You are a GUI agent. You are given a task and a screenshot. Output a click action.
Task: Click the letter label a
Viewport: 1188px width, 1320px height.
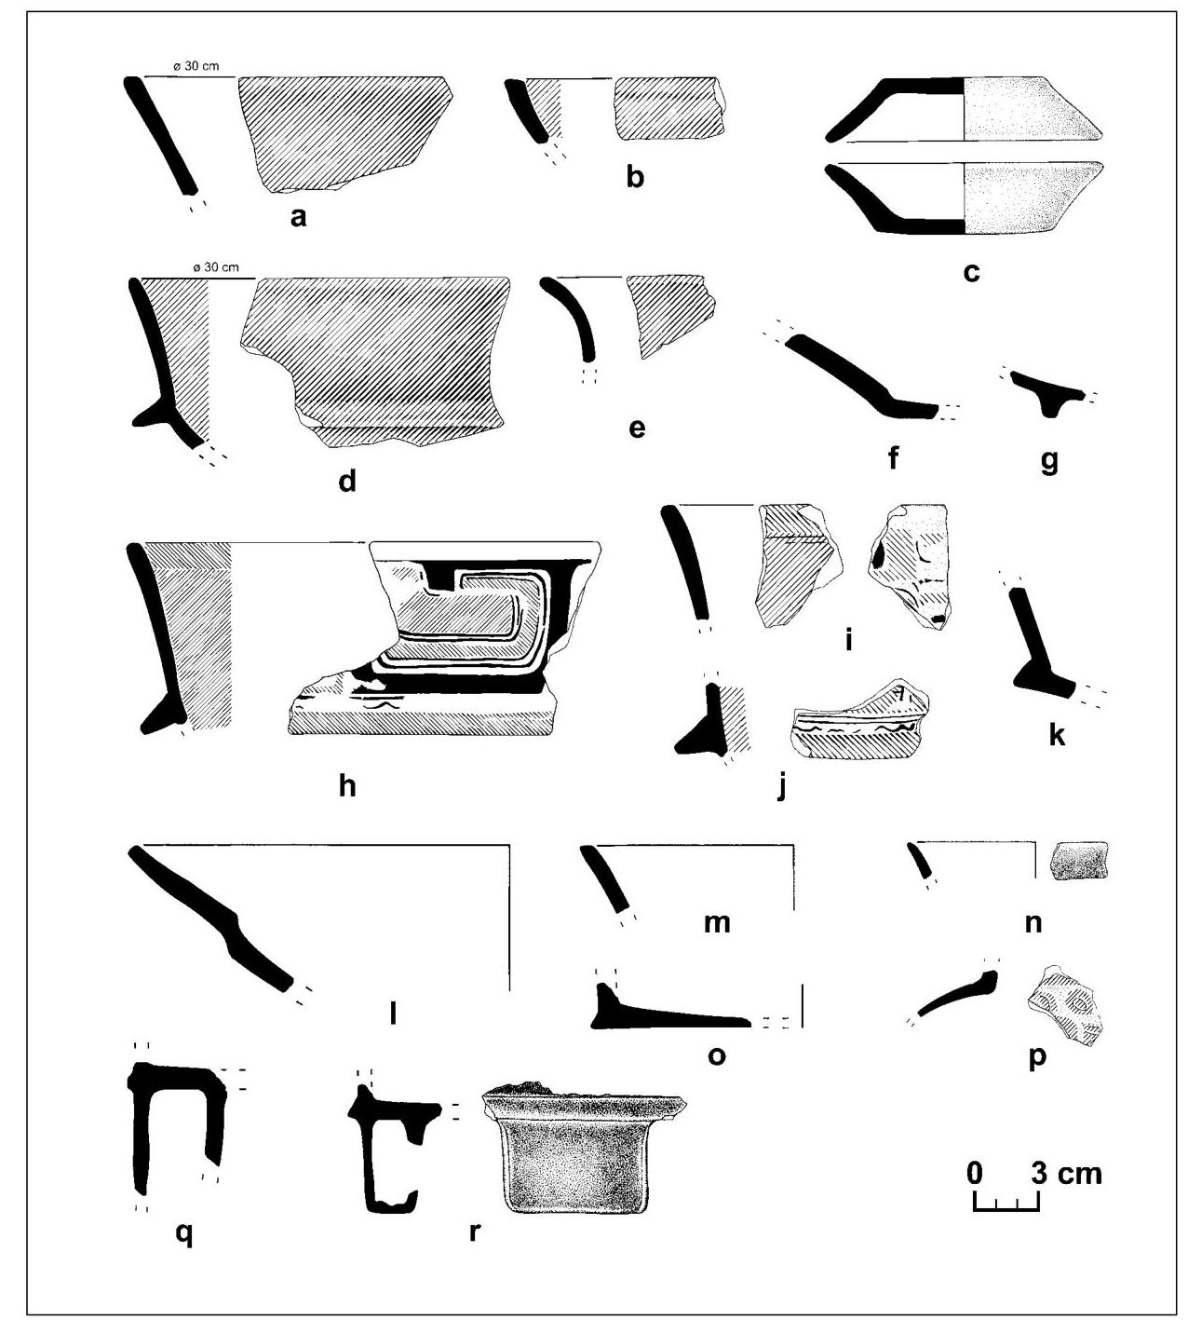(x=298, y=218)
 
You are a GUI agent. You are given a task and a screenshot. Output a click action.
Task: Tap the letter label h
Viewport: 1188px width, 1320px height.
(x=346, y=785)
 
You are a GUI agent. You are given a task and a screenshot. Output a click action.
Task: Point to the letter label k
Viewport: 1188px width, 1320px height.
(x=1056, y=735)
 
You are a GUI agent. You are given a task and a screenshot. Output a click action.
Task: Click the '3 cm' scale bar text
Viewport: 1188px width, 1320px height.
(x=1066, y=1172)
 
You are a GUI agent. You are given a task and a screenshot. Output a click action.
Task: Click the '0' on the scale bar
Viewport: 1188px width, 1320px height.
(x=974, y=1172)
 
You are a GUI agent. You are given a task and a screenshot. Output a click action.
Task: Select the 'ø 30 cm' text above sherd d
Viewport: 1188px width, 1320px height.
(x=215, y=267)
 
